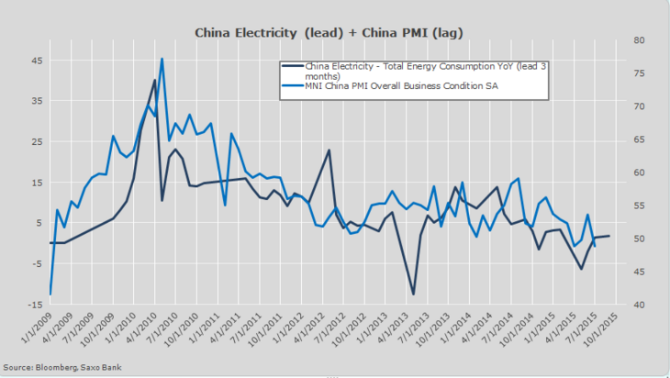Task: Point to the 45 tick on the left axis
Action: tap(36, 61)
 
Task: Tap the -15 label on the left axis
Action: tap(34, 304)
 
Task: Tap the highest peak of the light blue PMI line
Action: tap(162, 60)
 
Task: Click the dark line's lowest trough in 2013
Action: tap(413, 294)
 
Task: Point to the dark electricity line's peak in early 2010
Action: tap(154, 81)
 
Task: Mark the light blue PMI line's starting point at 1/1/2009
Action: tap(50, 294)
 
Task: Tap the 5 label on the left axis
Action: tap(38, 223)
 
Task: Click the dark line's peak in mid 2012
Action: tap(329, 150)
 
